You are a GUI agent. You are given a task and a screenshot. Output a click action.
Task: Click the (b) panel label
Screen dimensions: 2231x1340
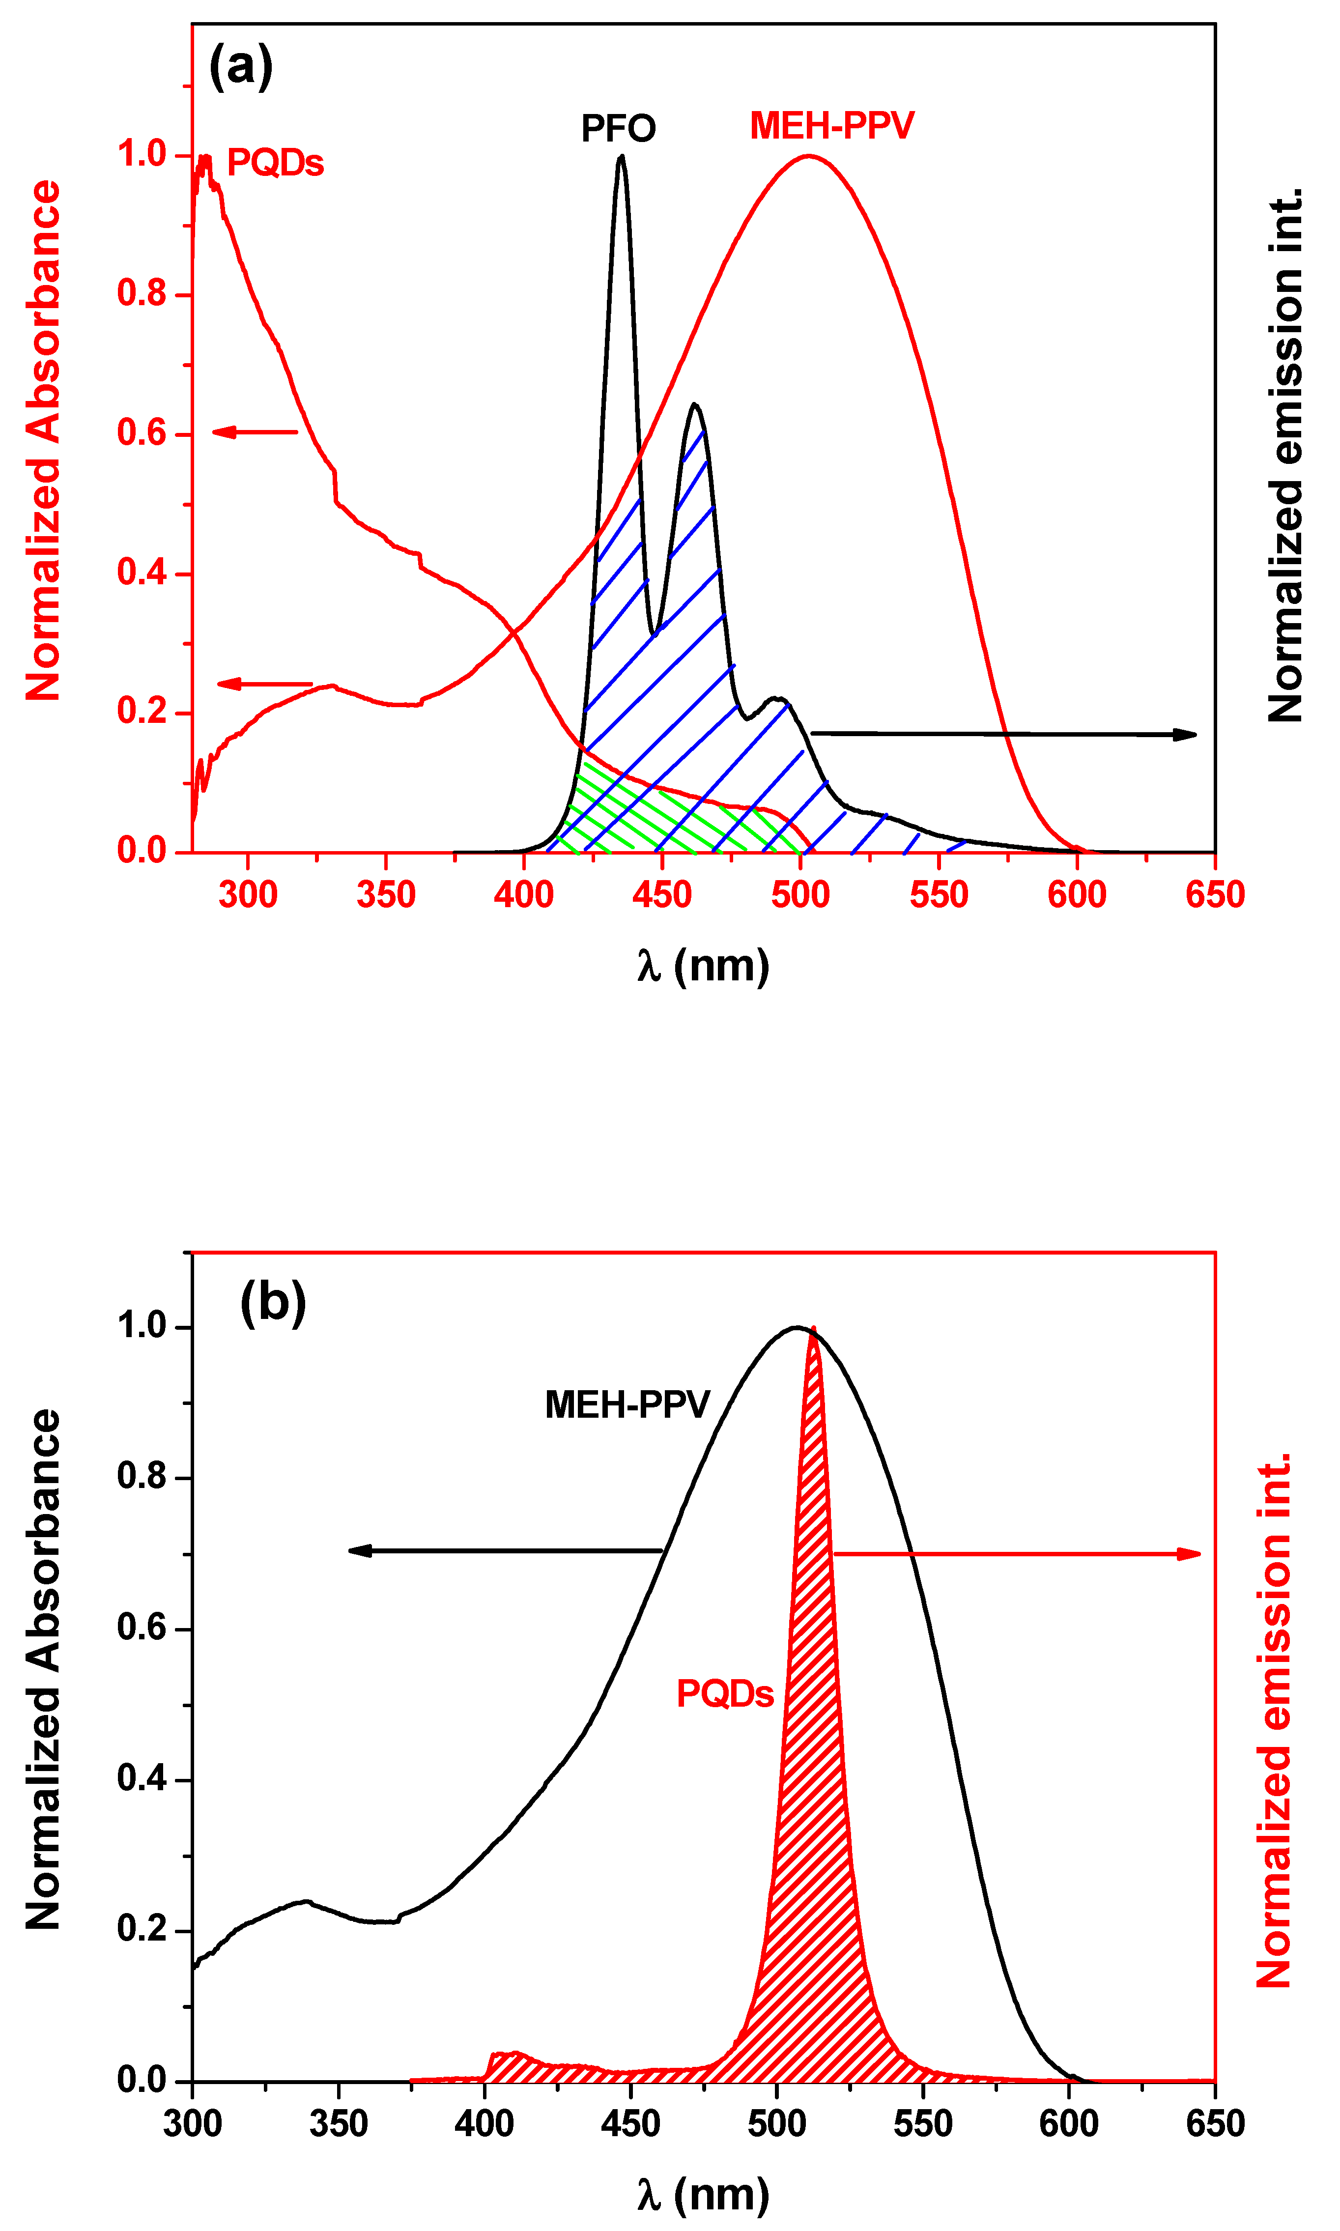[273, 1303]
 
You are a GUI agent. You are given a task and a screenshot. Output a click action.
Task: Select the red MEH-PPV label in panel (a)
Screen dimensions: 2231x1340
[831, 125]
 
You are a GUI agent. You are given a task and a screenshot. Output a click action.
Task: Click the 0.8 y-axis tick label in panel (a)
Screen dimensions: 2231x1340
[142, 293]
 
